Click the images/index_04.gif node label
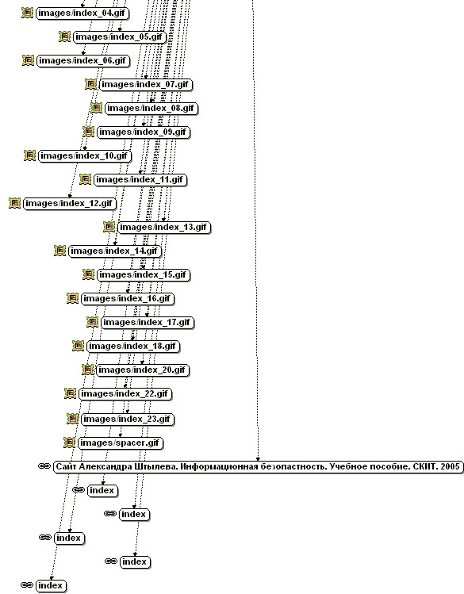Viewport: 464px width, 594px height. (82, 13)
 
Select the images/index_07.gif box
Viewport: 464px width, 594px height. (146, 85)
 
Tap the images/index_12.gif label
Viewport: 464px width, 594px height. (69, 204)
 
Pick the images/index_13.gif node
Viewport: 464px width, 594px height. (164, 228)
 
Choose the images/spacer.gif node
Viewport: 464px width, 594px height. (120, 443)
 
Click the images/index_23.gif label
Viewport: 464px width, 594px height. (127, 420)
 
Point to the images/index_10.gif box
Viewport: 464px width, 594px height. (84, 156)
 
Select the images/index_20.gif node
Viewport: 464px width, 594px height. (143, 370)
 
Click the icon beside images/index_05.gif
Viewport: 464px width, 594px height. (65, 36)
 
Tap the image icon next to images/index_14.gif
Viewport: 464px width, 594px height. (59, 251)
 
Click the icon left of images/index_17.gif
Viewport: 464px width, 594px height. (93, 322)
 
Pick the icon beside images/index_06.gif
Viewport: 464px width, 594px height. (28, 60)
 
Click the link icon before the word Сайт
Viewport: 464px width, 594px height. (44, 466)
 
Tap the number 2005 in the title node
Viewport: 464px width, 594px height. (450, 466)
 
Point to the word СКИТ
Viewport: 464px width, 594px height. (424, 466)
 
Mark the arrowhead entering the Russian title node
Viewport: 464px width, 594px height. (259, 458)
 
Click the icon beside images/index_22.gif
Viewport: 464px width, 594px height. (70, 393)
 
